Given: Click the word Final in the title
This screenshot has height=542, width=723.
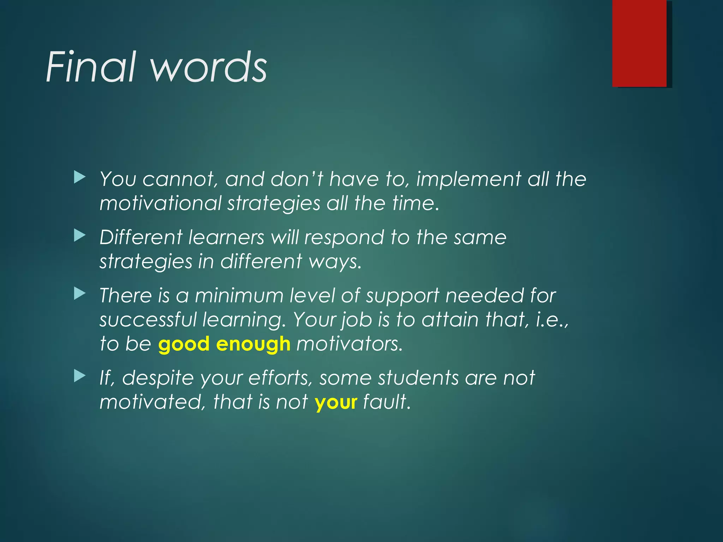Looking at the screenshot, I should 90,67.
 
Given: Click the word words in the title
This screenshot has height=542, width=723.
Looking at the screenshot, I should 209,67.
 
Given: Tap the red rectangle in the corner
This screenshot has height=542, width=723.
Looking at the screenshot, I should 639,43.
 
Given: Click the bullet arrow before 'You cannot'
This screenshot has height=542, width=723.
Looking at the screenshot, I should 80,177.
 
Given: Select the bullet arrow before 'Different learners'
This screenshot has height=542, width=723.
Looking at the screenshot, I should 80,235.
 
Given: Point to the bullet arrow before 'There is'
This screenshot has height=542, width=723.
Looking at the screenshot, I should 80,294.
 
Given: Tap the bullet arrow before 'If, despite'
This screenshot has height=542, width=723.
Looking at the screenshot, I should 80,376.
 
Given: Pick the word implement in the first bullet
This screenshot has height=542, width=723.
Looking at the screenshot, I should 468,179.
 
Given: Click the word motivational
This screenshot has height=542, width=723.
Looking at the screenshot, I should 161,204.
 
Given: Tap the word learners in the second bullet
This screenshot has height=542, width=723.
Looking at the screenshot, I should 226,237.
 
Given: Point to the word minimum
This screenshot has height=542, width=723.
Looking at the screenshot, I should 239,296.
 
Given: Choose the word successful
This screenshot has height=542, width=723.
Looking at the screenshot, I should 148,320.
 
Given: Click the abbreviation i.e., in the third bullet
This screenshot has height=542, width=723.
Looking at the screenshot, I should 552,320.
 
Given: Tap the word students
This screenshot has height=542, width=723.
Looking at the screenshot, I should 418,378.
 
